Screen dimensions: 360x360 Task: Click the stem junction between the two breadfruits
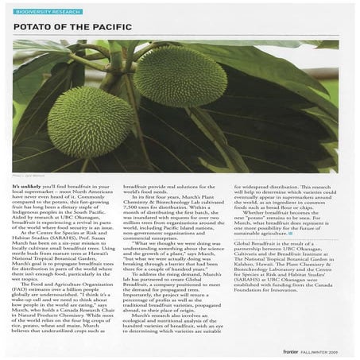127,87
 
